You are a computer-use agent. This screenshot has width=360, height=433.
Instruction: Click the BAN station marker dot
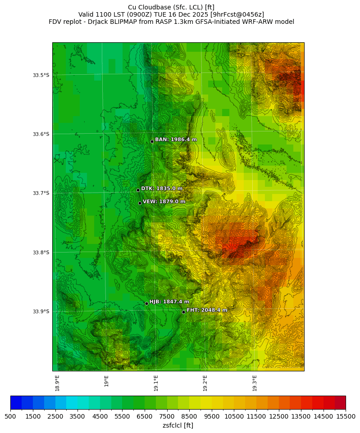coord(152,141)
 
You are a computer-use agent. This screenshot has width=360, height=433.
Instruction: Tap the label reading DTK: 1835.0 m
coord(162,189)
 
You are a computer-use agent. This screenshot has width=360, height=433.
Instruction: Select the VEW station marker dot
coord(140,203)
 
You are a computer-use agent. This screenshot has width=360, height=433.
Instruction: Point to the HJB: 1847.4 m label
coord(169,302)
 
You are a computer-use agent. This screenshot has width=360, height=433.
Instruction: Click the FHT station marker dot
coord(183,311)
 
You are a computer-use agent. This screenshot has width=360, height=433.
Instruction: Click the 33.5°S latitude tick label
coord(41,75)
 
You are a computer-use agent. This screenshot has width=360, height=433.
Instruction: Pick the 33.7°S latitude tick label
coord(41,193)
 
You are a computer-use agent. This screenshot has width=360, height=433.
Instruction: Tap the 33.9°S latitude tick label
coord(41,311)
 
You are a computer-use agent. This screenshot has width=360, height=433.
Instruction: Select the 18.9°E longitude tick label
coord(57,383)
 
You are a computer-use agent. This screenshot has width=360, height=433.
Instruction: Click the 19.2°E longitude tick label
coord(205,383)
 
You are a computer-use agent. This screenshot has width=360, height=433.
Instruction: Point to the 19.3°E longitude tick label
coord(255,383)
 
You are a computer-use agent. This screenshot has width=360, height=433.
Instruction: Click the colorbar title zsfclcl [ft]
coord(178,425)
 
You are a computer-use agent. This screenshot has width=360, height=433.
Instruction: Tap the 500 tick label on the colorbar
coord(10,417)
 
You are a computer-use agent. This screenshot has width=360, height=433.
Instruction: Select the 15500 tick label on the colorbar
coord(346,417)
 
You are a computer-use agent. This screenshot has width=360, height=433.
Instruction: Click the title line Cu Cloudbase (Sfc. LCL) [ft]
coord(171,7)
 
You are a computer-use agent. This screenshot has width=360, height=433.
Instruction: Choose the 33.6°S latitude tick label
coord(41,134)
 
